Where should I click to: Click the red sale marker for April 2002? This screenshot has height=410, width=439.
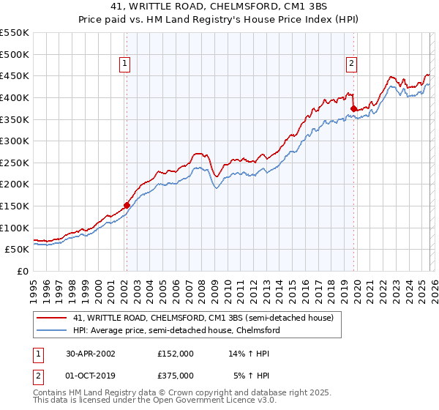pyautogui.click(x=127, y=206)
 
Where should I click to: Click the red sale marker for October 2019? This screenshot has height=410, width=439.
pyautogui.click(x=353, y=108)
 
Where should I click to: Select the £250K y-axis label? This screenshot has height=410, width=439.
pyautogui.click(x=15, y=163)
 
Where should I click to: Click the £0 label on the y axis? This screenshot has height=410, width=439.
pyautogui.click(x=23, y=272)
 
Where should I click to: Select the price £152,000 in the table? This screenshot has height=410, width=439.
pyautogui.click(x=175, y=353)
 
